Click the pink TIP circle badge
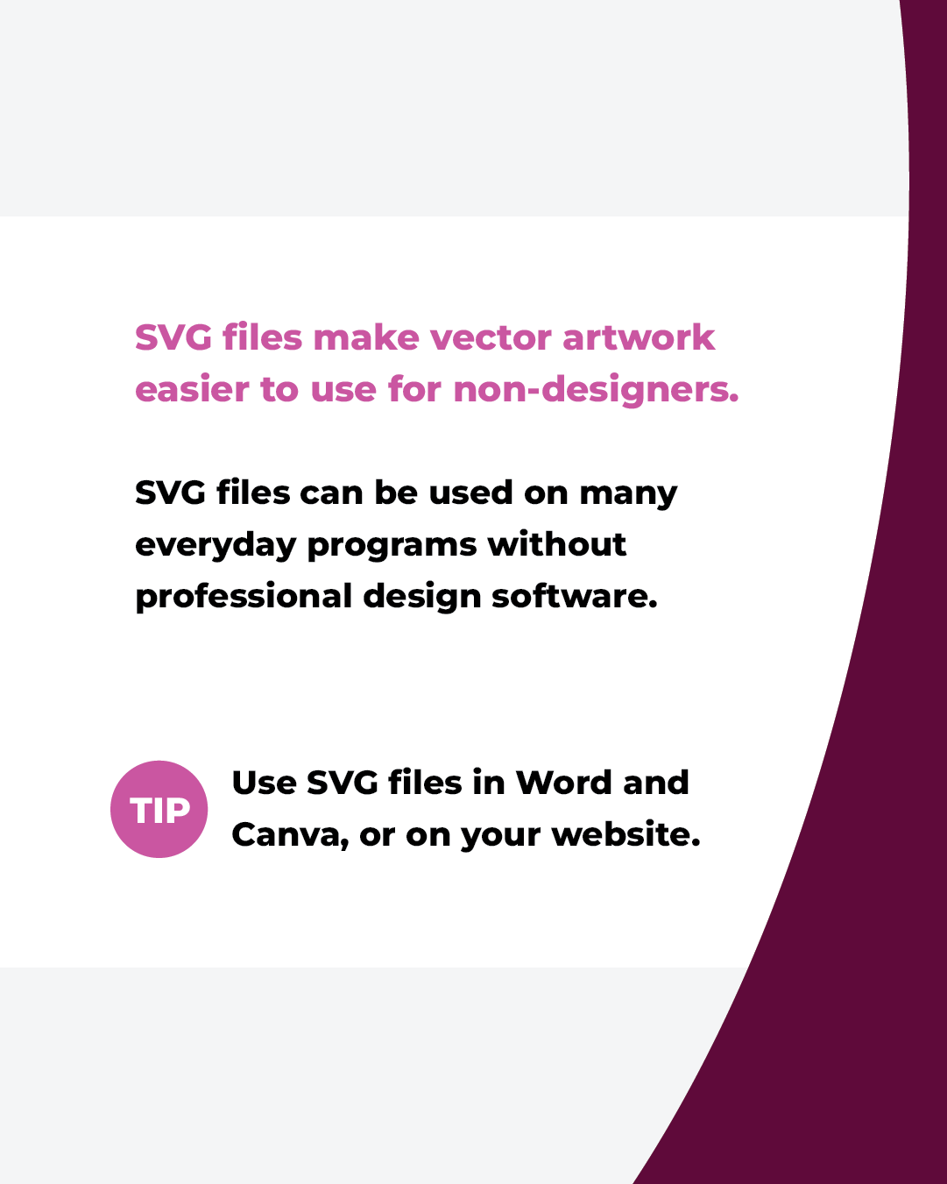(x=159, y=809)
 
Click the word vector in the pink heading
(x=490, y=337)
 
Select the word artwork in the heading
(x=639, y=337)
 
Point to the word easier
(x=192, y=389)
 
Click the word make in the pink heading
(x=366, y=337)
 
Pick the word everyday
(x=216, y=546)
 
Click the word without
(x=557, y=544)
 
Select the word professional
(x=244, y=597)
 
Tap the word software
(x=574, y=596)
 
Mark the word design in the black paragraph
(x=421, y=598)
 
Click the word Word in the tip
(x=563, y=782)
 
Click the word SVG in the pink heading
(x=173, y=337)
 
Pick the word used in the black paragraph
(x=470, y=492)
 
